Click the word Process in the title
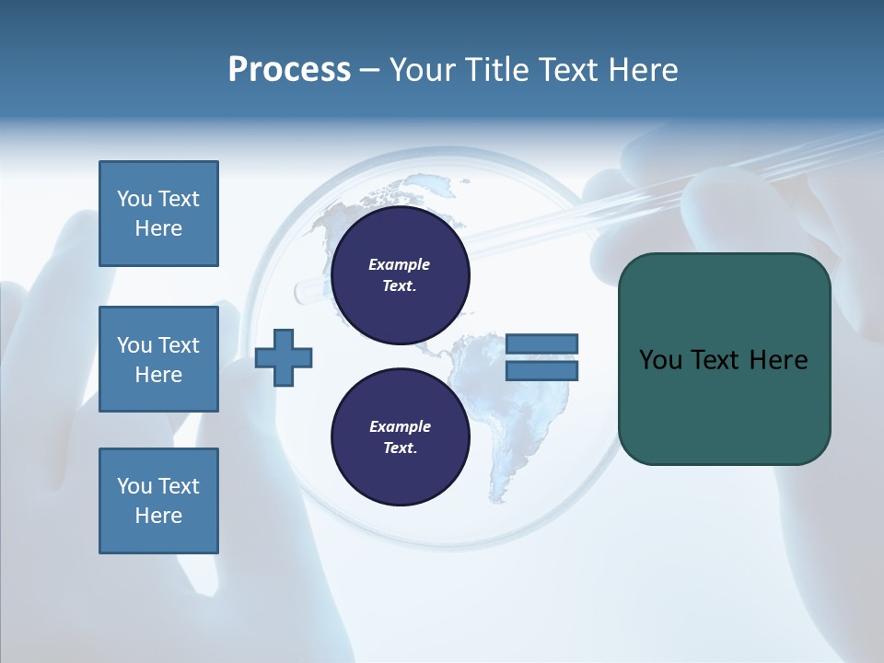click(289, 70)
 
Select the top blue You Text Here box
click(158, 214)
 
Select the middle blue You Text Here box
click(158, 359)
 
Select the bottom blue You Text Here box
click(158, 501)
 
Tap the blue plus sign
click(284, 357)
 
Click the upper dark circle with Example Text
click(400, 274)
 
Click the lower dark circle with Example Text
click(400, 436)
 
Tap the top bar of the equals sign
click(541, 343)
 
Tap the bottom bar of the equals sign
click(541, 370)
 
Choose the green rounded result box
click(724, 359)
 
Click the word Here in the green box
click(779, 360)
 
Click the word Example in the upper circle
click(400, 264)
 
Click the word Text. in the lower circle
click(400, 448)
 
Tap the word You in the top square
click(134, 199)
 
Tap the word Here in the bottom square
click(158, 516)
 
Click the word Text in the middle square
click(179, 345)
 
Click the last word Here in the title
click(642, 70)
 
